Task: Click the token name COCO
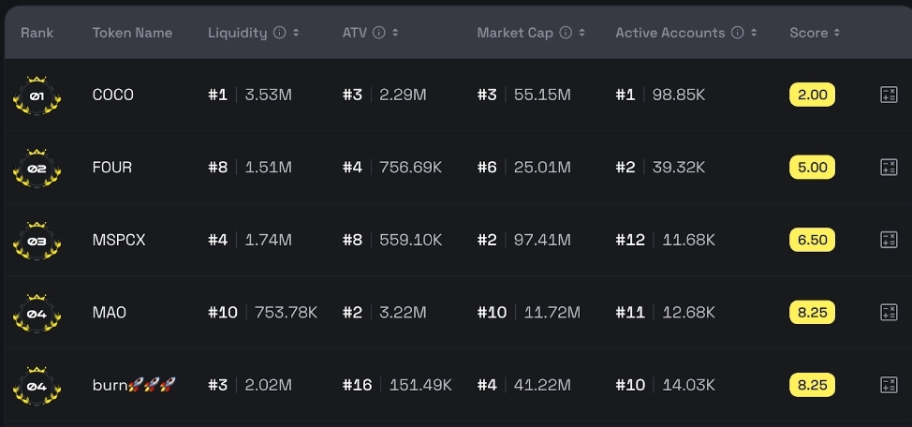[x=112, y=95]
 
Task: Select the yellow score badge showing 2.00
[x=812, y=95]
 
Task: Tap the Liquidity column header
[x=237, y=33]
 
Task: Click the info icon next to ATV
[x=378, y=33]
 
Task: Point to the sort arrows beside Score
[x=836, y=33]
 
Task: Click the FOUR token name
[x=112, y=168]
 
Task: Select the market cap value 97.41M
[x=542, y=240]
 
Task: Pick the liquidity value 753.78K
[x=287, y=313]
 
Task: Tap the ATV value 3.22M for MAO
[x=403, y=313]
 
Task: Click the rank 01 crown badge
[x=37, y=96]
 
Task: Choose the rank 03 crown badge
[x=37, y=241]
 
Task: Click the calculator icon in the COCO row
[x=889, y=95]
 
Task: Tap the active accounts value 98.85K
[x=679, y=95]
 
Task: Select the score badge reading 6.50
[x=812, y=240]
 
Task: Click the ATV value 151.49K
[x=416, y=385]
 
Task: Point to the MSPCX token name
[x=119, y=240]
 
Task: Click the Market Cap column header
[x=514, y=33]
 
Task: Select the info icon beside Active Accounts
[x=737, y=33]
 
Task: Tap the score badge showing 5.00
[x=812, y=168]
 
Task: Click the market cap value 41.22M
[x=542, y=385]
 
